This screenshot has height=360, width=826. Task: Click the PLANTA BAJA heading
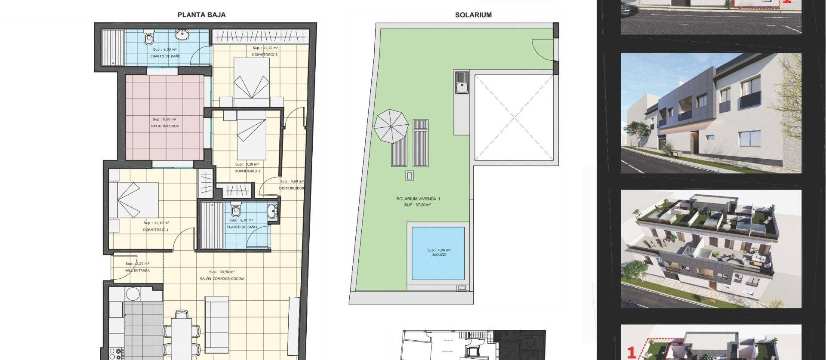pyautogui.click(x=201, y=15)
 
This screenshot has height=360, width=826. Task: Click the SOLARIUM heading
pyautogui.click(x=473, y=15)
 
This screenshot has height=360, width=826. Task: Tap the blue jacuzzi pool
pyautogui.click(x=438, y=253)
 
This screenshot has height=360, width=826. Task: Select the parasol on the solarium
pyautogui.click(x=391, y=126)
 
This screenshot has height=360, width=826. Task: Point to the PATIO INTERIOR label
pyautogui.click(x=165, y=126)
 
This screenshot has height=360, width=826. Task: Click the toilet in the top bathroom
pyautogui.click(x=149, y=39)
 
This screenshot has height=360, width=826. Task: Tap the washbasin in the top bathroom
pyautogui.click(x=182, y=34)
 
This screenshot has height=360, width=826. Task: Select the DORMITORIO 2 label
pyautogui.click(x=247, y=171)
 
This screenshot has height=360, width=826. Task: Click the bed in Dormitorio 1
pyautogui.click(x=133, y=200)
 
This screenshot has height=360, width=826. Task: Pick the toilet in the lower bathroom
pyautogui.click(x=236, y=209)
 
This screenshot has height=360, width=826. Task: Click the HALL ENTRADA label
pyautogui.click(x=137, y=271)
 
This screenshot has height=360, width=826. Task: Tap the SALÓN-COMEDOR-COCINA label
pyautogui.click(x=222, y=279)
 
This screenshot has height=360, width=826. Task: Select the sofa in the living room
pyautogui.click(x=217, y=325)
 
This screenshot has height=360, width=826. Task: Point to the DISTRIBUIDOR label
pyautogui.click(x=291, y=188)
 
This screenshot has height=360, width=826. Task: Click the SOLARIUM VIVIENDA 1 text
pyautogui.click(x=418, y=199)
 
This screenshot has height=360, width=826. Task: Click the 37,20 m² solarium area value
pyautogui.click(x=417, y=205)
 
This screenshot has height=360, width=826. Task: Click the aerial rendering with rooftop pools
pyautogui.click(x=711, y=249)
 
